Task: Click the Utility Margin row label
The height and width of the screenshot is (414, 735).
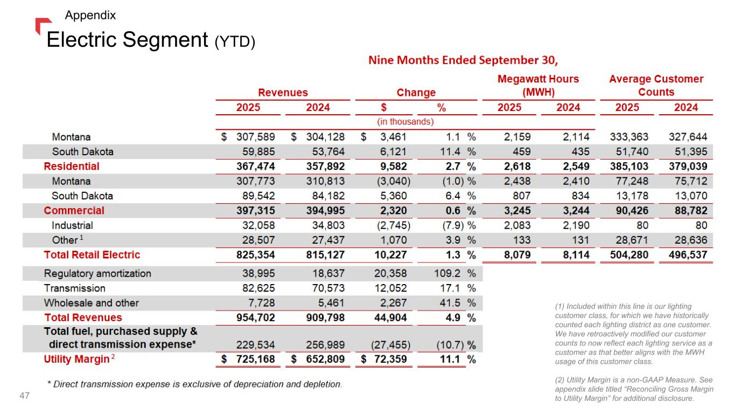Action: coord(76,359)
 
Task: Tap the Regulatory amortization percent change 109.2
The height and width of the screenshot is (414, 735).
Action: coord(449,273)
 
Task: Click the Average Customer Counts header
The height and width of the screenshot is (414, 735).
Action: coord(656,85)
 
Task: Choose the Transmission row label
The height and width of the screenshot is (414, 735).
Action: coord(74,288)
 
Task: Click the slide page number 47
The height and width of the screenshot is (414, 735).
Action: coord(24,396)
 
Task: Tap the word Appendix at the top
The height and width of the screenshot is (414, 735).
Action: coord(90,16)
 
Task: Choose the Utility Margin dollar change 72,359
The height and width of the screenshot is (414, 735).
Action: coord(387,359)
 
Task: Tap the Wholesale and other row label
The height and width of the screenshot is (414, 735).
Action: coord(91,303)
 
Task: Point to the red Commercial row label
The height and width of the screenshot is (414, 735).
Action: coord(74,210)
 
